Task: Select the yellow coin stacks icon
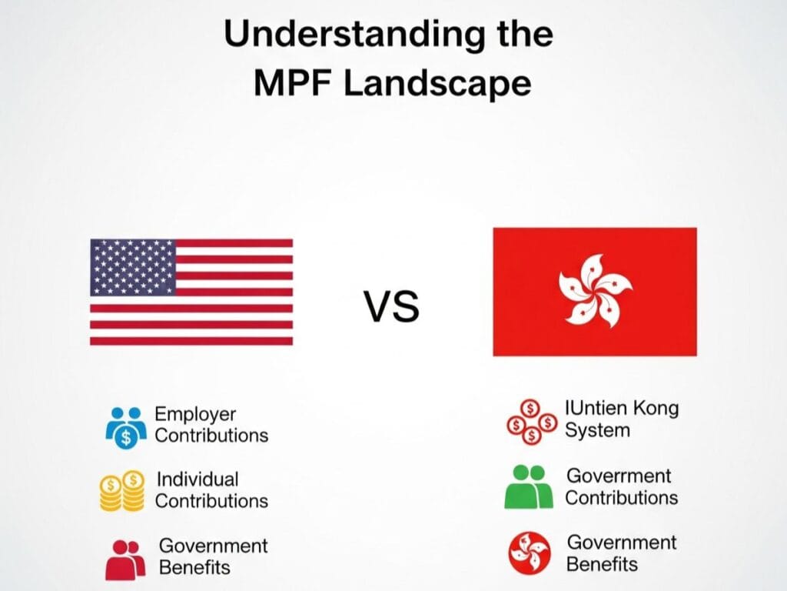(122, 491)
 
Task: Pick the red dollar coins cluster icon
(530, 422)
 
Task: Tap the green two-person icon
(528, 487)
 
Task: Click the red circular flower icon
(530, 553)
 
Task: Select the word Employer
(195, 415)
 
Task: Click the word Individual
(198, 479)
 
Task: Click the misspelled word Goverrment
(618, 476)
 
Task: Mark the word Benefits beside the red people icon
(194, 568)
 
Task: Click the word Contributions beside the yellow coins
(212, 501)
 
